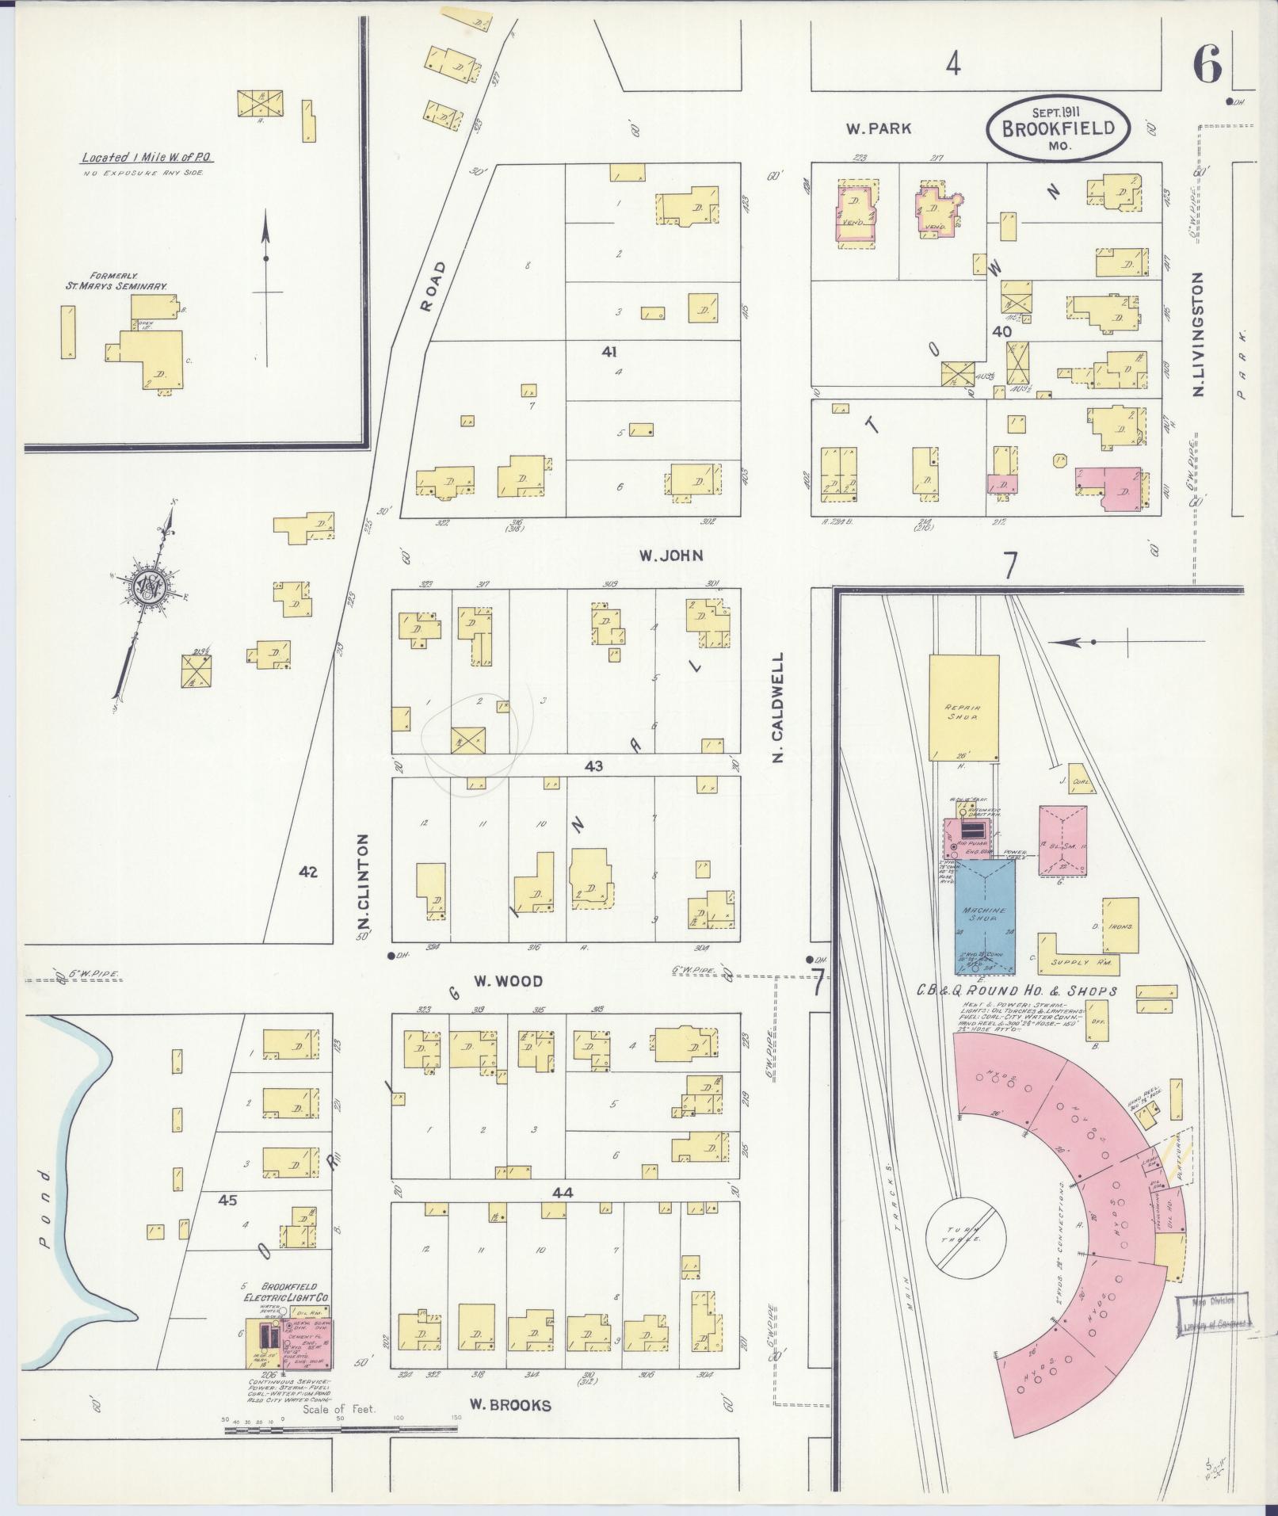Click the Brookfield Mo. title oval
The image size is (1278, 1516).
point(1059,129)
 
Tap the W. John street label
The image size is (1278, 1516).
point(671,556)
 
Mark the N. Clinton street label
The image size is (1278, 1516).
point(364,881)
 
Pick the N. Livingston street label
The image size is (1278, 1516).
point(1196,334)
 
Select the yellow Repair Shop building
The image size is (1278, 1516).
point(963,708)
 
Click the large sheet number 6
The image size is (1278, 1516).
point(1207,65)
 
